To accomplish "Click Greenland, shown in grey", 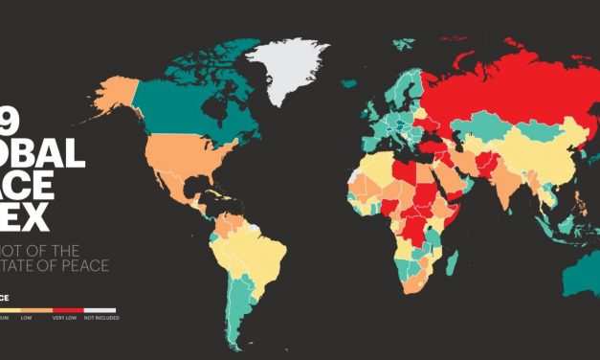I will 287,62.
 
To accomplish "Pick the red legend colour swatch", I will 64,310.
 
